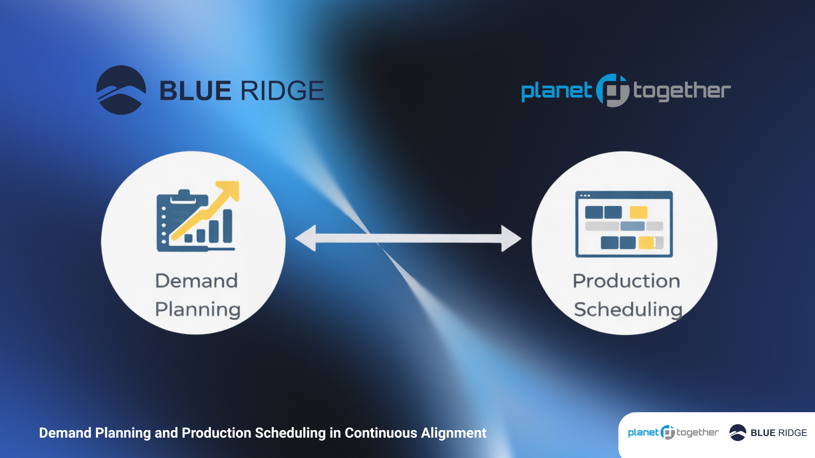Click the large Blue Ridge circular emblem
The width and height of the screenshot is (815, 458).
click(121, 90)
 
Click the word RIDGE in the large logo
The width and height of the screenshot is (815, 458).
click(282, 91)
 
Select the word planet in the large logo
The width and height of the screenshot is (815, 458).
click(556, 91)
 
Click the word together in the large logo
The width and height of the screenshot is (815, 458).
click(682, 91)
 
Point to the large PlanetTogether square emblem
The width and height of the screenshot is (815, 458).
click(613, 90)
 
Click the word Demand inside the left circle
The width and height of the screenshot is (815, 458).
click(197, 281)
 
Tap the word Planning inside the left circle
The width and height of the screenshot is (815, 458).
click(198, 310)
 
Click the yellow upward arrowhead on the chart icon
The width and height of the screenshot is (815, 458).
click(229, 190)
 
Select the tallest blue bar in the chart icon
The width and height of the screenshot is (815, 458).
click(228, 226)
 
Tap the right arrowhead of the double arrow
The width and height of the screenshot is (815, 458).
click(510, 238)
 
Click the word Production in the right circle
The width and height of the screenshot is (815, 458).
click(626, 281)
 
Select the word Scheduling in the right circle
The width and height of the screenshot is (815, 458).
click(628, 310)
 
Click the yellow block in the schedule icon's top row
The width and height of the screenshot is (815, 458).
click(638, 212)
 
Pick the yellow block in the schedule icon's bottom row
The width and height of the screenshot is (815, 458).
click(647, 243)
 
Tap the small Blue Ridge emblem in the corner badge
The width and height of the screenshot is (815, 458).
click(738, 433)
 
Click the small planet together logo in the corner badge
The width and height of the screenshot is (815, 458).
click(673, 433)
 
